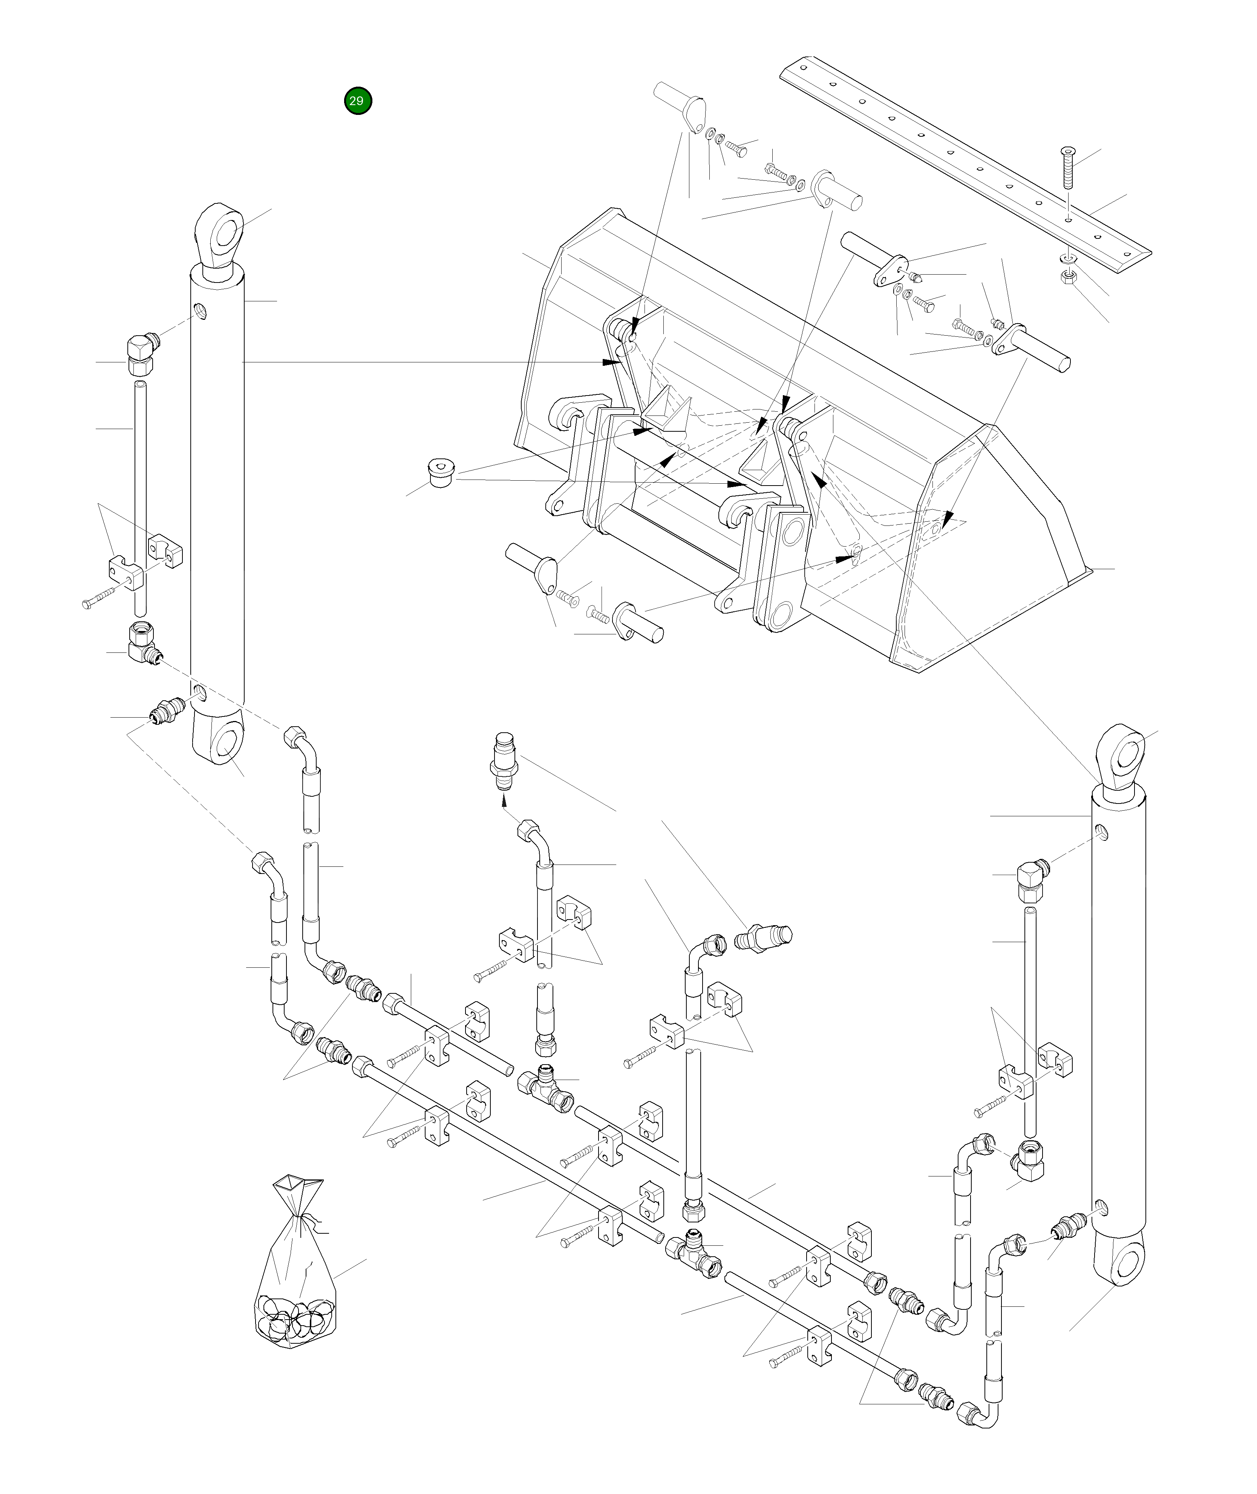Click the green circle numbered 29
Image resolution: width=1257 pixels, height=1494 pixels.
coord(357,101)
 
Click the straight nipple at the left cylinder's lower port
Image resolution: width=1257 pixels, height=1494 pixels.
coord(166,710)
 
